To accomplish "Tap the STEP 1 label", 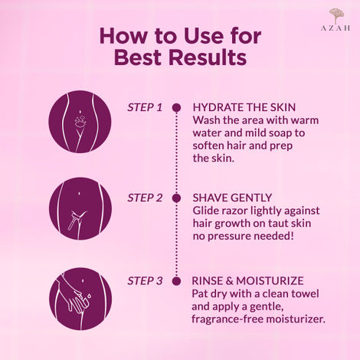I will point(145,107).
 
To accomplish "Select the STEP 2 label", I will point(145,198).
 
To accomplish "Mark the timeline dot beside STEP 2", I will point(176,198).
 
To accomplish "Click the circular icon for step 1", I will point(79,122).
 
